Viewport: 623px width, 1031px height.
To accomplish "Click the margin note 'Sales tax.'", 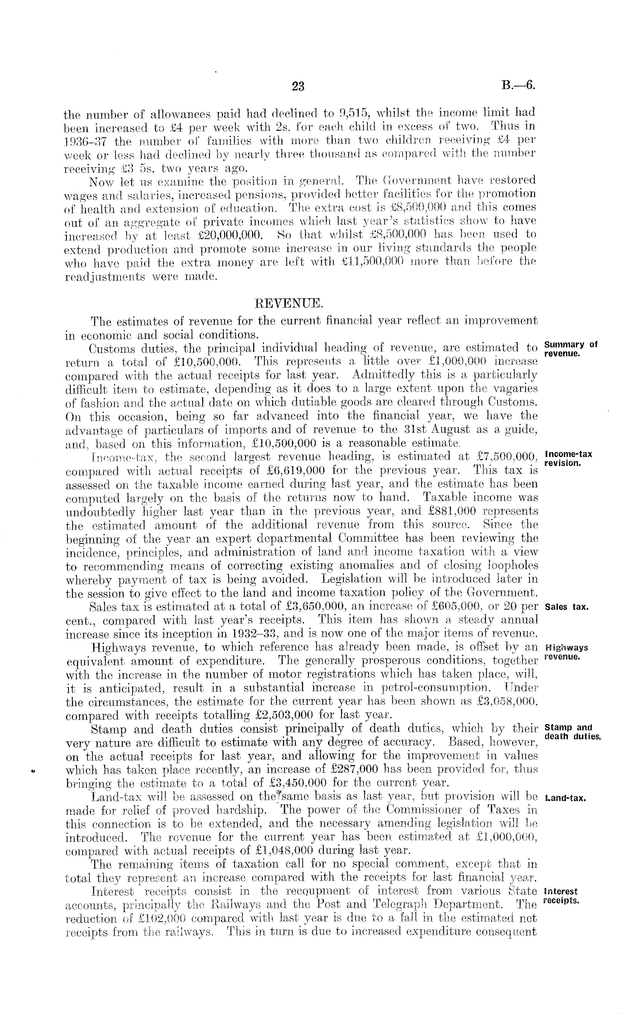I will point(567,607).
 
